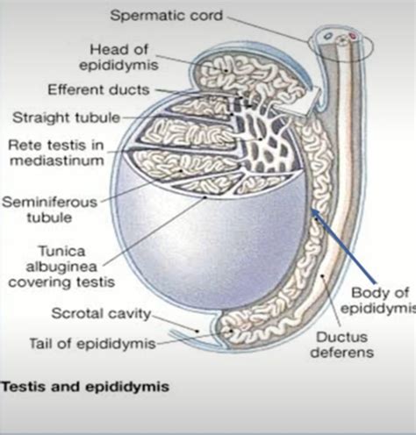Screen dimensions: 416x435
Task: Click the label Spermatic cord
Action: [167, 16]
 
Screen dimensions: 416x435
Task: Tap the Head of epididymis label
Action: [118, 57]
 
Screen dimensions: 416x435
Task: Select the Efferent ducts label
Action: [98, 89]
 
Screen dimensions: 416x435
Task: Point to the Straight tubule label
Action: [67, 118]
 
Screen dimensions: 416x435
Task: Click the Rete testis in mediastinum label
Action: [56, 153]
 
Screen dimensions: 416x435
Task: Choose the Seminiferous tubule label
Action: [50, 210]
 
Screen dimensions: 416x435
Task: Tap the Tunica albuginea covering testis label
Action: [61, 267]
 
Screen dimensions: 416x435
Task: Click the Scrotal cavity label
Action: [101, 314]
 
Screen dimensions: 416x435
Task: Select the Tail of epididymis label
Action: [92, 344]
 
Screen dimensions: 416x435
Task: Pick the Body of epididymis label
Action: [379, 301]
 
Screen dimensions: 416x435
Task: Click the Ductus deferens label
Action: [342, 345]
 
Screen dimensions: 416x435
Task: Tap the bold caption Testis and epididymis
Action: [85, 387]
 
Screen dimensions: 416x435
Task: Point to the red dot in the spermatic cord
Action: [353, 36]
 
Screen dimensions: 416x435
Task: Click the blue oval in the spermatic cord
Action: [328, 36]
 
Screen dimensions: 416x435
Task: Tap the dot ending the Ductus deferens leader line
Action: [322, 275]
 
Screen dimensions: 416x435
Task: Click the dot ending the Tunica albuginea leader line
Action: [205, 197]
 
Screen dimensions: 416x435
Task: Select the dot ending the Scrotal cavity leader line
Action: [197, 331]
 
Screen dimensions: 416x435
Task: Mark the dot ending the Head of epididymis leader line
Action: [226, 71]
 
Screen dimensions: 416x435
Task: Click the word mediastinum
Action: [57, 160]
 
